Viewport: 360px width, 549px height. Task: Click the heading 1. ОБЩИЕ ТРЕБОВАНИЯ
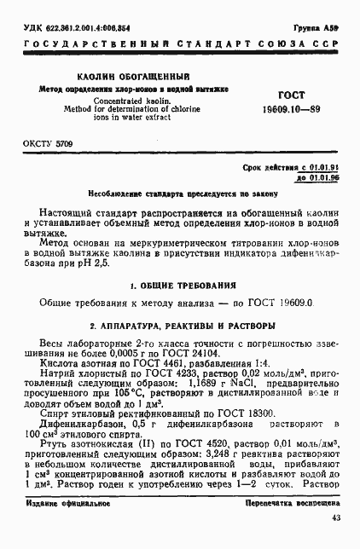(180, 283)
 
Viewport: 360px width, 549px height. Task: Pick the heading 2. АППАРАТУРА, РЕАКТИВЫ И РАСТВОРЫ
(180, 325)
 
